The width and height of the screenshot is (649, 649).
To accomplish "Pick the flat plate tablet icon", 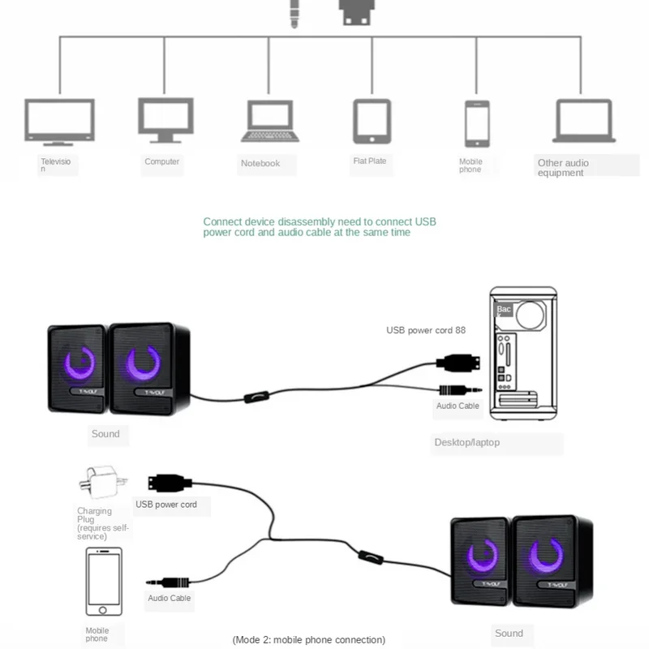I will coord(372,121).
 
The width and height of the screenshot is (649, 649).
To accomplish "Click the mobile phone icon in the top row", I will coord(477,123).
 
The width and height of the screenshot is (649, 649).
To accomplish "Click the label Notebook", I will coord(260,164).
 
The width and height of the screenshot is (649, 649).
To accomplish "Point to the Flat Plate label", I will coord(370,161).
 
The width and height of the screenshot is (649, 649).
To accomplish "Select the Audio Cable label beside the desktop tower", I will coord(458,406).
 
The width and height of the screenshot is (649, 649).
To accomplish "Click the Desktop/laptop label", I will coord(466,442).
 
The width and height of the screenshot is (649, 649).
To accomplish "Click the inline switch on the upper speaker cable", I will coord(256,398).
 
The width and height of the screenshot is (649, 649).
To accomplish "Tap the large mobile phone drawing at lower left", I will coord(104,582).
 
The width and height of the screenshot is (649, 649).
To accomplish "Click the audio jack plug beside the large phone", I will coord(170,582).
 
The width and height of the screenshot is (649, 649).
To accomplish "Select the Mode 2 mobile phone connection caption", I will coord(308,640).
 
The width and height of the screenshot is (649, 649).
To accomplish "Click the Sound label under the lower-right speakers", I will coord(509,633).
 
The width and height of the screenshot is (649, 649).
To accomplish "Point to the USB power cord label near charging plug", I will coord(166,505).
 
